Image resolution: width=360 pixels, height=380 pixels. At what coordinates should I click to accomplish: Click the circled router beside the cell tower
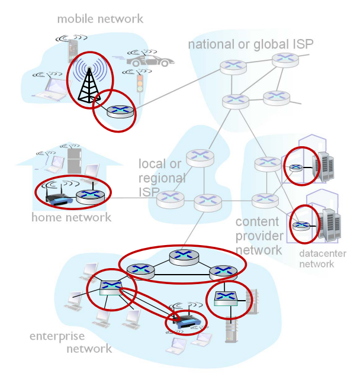[x=120, y=110]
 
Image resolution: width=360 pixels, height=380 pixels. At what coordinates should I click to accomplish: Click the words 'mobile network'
[x=100, y=19]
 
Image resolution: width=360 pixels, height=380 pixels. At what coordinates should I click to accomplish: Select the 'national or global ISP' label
[x=250, y=44]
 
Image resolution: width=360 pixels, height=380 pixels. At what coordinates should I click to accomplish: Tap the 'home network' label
[x=71, y=217]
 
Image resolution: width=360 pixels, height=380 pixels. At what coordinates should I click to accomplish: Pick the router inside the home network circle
[x=91, y=195]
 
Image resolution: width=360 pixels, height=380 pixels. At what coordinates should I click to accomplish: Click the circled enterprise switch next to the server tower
[x=226, y=297]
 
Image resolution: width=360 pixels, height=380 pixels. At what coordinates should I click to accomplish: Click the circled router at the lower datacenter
[x=301, y=225]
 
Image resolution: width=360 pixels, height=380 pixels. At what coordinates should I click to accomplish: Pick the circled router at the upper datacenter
[x=295, y=166]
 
